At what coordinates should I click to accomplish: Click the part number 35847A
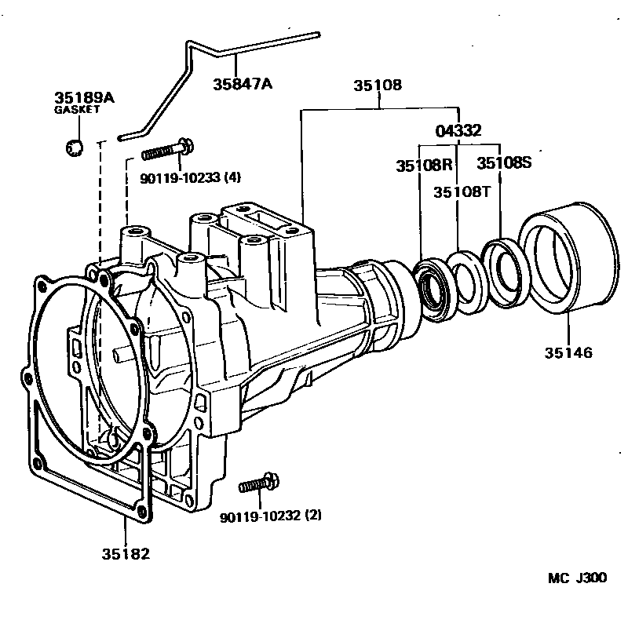click(243, 84)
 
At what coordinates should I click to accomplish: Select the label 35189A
click(84, 98)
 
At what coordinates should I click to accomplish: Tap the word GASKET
click(77, 109)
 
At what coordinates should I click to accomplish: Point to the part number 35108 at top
click(378, 86)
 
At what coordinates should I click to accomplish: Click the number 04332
click(458, 131)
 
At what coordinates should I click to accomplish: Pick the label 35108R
click(424, 165)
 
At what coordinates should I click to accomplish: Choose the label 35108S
click(504, 162)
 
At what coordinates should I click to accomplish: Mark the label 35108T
click(462, 192)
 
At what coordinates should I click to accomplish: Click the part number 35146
click(568, 353)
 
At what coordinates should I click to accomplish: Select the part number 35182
click(126, 554)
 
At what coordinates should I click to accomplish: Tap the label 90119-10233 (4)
click(190, 177)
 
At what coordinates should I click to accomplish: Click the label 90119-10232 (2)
click(271, 516)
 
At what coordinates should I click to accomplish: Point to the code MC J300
click(577, 578)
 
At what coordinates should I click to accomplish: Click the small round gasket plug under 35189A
click(75, 148)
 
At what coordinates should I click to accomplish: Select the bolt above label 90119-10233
click(168, 149)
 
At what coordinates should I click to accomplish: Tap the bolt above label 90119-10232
click(259, 483)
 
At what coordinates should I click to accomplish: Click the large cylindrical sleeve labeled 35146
click(568, 257)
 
